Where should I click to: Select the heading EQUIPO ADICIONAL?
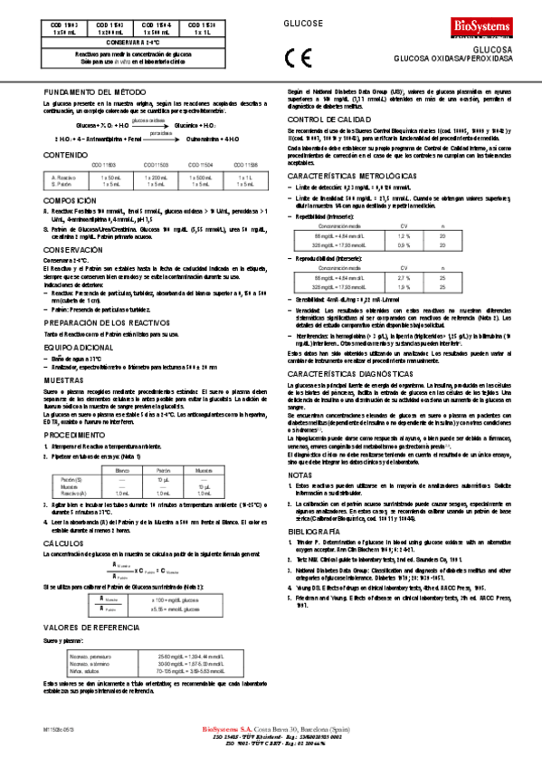point(76,321)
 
